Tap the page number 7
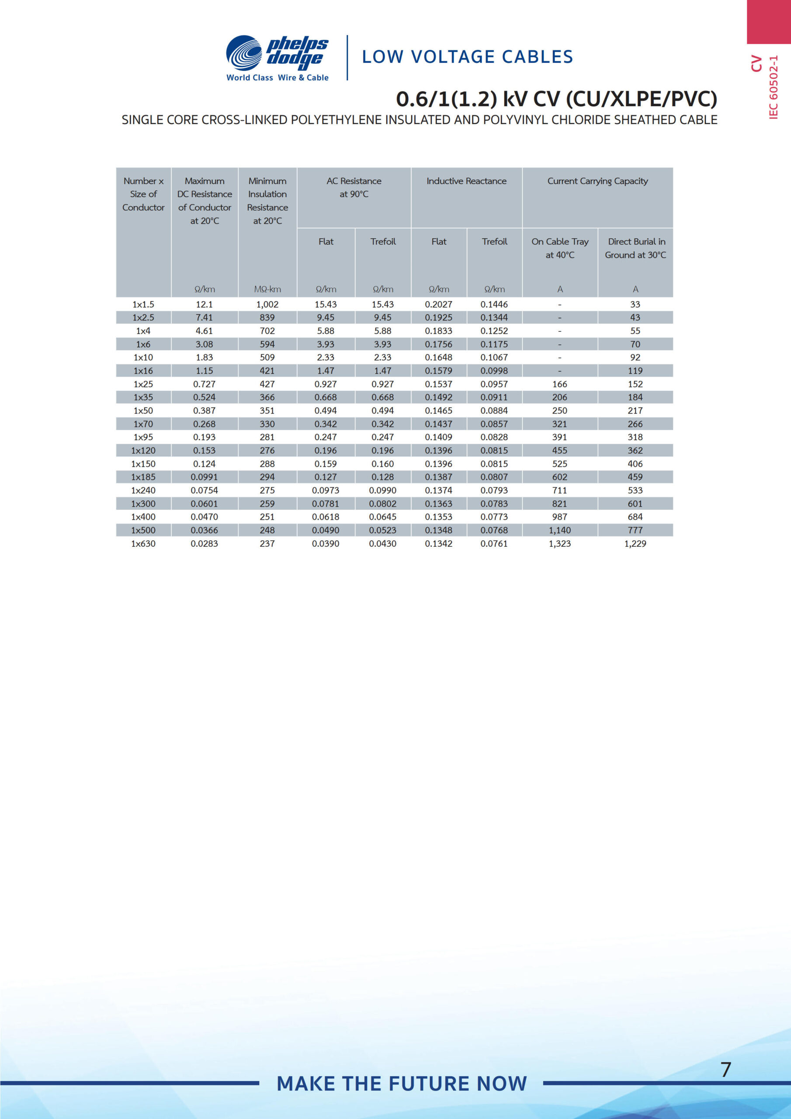point(726,1070)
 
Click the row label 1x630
point(143,543)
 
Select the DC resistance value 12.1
point(204,305)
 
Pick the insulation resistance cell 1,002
point(267,305)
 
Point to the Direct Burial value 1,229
point(635,543)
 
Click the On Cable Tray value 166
point(559,384)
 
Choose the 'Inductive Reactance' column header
point(466,181)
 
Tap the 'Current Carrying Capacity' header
point(597,181)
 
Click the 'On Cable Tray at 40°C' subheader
point(560,248)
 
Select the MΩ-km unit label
point(267,289)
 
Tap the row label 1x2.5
point(143,318)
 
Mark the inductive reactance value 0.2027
point(439,305)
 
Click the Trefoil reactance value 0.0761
point(494,543)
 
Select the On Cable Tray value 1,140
point(559,530)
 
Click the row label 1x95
point(143,437)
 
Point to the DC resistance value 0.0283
point(204,543)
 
